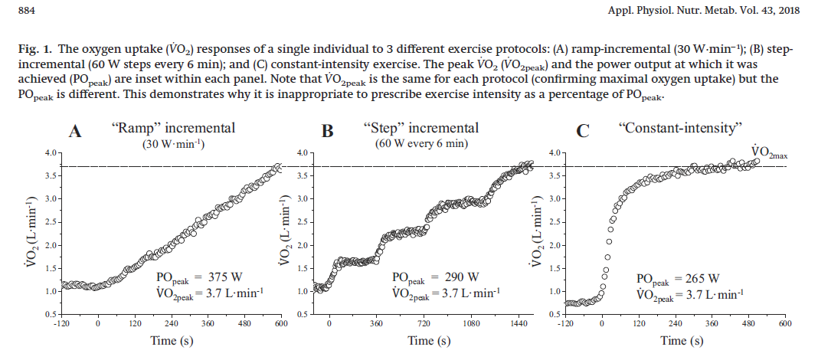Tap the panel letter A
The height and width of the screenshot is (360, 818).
[x=75, y=132]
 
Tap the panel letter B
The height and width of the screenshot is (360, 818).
[x=328, y=132]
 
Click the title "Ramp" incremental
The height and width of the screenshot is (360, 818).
[x=173, y=128]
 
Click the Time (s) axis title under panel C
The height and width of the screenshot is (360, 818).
[x=674, y=340]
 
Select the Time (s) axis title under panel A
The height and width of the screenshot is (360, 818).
[x=170, y=340]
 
